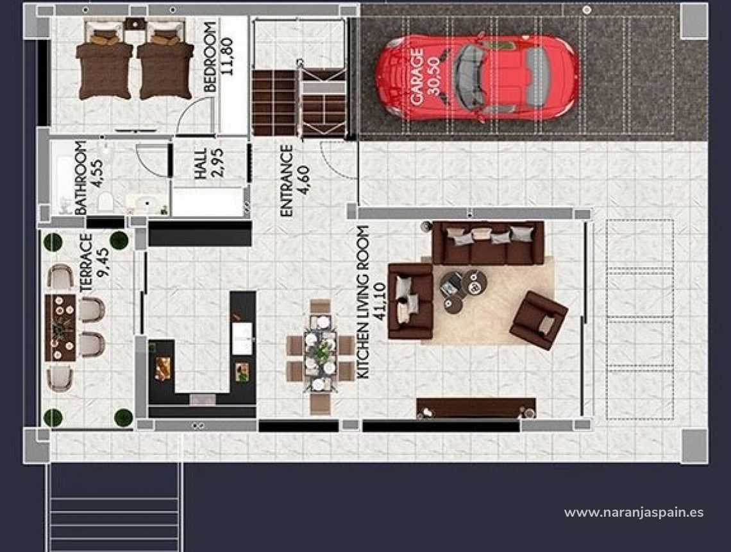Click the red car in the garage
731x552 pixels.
[478, 77]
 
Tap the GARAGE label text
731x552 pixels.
[417, 78]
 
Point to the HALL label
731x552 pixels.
[201, 164]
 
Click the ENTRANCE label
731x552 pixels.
[286, 180]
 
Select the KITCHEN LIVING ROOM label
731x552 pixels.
[363, 302]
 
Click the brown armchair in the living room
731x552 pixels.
[539, 320]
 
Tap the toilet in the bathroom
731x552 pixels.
[105, 203]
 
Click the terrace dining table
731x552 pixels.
[60, 327]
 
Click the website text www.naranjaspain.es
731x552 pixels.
[634, 512]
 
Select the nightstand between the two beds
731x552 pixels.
[135, 24]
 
